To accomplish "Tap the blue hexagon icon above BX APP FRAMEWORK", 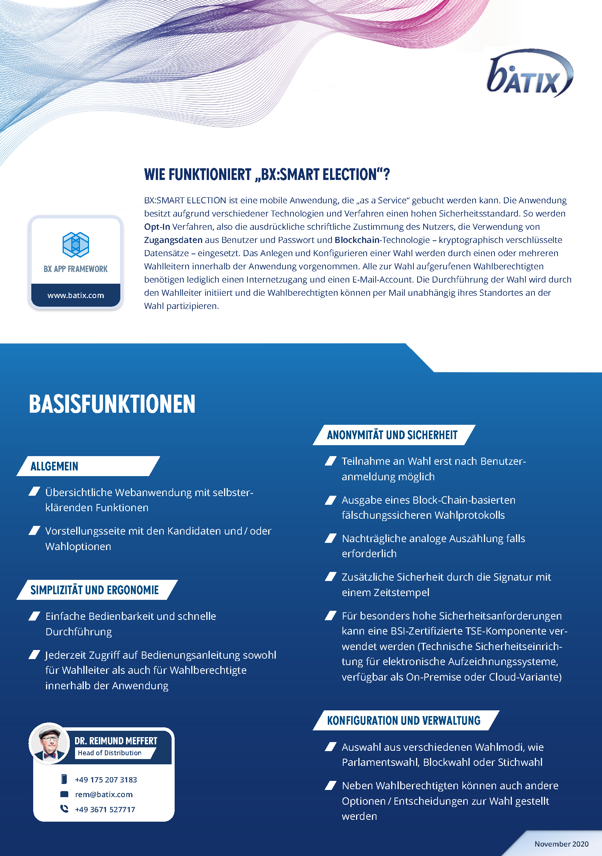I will [75, 244].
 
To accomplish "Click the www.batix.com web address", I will [75, 295].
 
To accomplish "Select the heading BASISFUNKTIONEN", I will [112, 404].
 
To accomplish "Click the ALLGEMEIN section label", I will [54, 466].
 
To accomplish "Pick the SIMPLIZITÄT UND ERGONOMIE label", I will [94, 590].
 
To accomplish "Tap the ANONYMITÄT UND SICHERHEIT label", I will [392, 435].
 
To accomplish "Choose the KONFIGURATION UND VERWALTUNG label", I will [404, 721].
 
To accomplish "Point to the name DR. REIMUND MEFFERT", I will [116, 741].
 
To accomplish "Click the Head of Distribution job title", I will [109, 753].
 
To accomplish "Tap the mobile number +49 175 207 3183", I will [106, 780].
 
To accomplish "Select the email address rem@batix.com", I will [104, 795].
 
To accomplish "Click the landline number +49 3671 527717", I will [105, 810].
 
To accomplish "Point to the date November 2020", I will [561, 844].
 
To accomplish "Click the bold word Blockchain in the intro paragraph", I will [357, 240].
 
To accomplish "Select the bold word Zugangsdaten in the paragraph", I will [173, 240].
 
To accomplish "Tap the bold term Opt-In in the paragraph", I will [157, 227].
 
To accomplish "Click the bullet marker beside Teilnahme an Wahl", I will [330, 461].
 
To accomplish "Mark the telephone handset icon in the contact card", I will [64, 809].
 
